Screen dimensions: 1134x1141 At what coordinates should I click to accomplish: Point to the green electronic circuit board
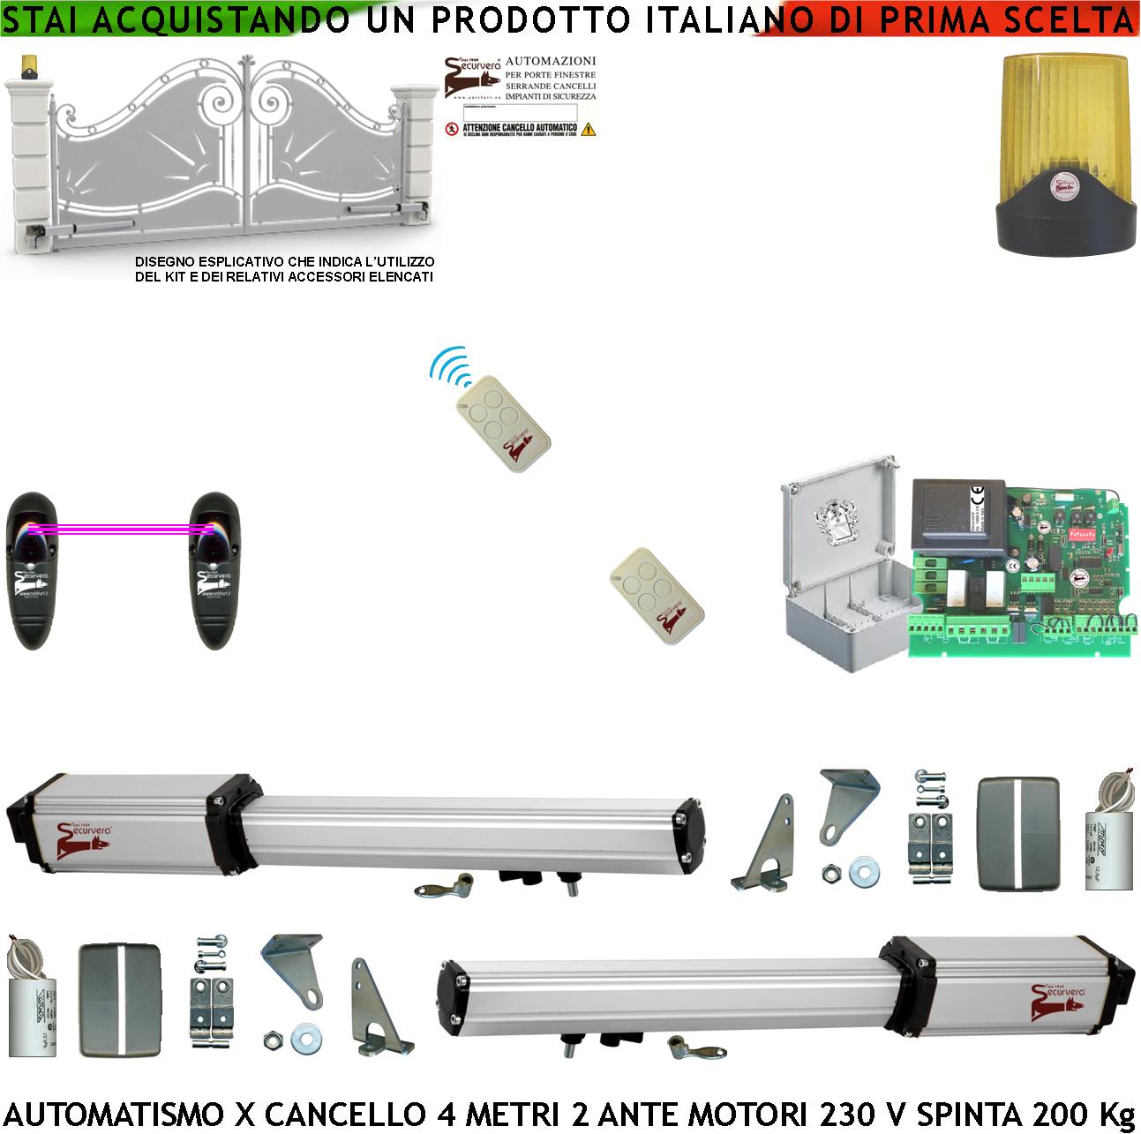(x=1015, y=574)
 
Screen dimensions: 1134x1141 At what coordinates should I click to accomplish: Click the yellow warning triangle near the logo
(x=589, y=129)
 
